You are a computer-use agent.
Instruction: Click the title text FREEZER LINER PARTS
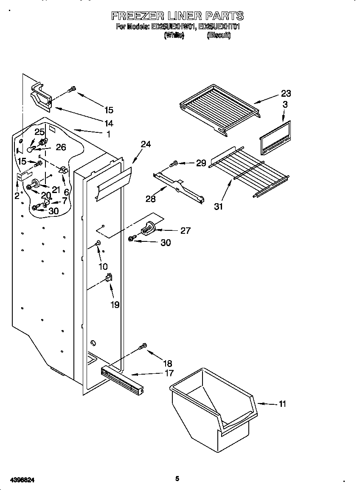point(177,16)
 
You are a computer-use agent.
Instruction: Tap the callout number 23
point(286,94)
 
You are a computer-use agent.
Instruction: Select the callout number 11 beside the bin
point(281,404)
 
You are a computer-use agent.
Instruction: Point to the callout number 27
point(185,231)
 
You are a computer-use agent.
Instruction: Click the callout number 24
point(146,144)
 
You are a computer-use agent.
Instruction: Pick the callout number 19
point(115,305)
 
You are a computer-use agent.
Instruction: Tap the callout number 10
point(103,266)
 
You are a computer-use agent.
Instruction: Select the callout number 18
point(167,363)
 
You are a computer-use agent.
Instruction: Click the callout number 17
point(169,373)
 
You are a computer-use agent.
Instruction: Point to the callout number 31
point(218,207)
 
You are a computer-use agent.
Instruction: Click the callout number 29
point(201,163)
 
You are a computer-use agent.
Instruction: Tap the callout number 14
point(109,123)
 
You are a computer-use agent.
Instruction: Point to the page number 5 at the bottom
point(177,479)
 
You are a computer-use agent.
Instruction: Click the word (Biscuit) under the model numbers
point(219,36)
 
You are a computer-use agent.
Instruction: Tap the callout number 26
point(61,147)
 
